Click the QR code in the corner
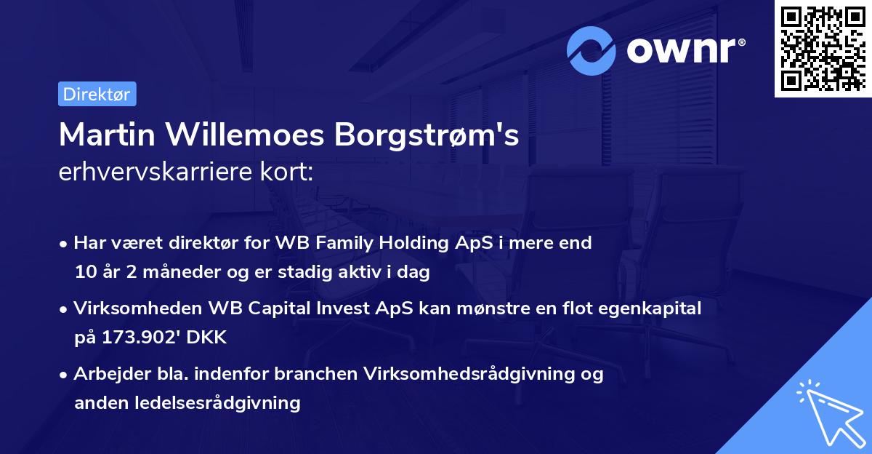point(823,49)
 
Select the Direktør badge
point(97,94)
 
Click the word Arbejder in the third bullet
point(105,374)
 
